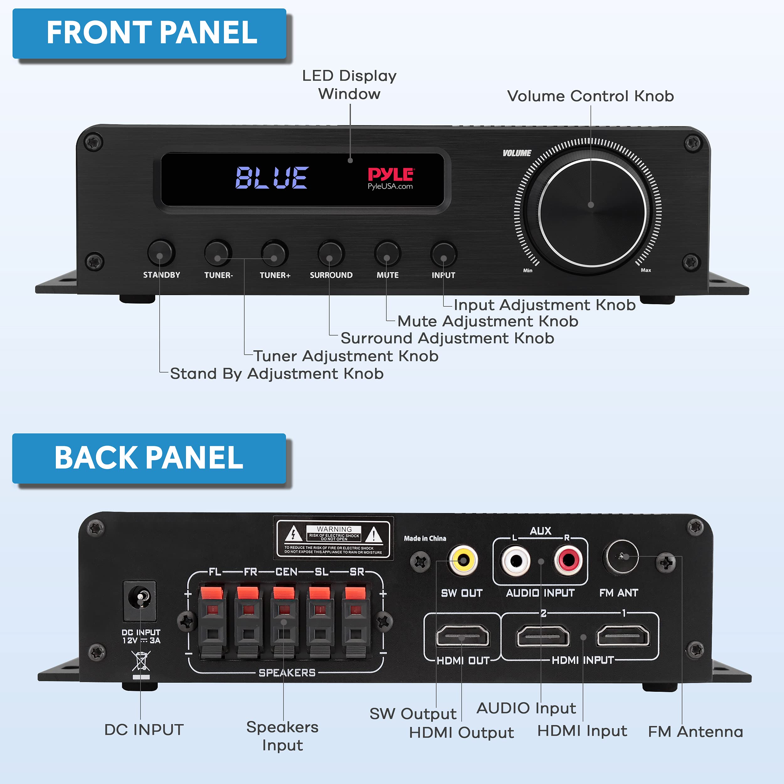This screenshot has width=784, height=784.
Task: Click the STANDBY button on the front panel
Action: pos(161,253)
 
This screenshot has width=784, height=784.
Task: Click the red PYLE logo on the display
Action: pos(390,174)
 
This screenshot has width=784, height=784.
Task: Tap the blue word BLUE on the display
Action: pos(272,178)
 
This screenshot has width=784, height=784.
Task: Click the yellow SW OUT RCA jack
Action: pos(462,560)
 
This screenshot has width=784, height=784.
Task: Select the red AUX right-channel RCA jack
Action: pos(568,560)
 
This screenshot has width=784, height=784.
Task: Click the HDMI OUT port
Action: pos(462,635)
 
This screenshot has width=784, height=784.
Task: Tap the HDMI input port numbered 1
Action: pos(622,635)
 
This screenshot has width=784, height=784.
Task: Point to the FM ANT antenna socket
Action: pos(621,557)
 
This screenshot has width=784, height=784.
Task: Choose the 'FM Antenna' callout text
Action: pos(695,732)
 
